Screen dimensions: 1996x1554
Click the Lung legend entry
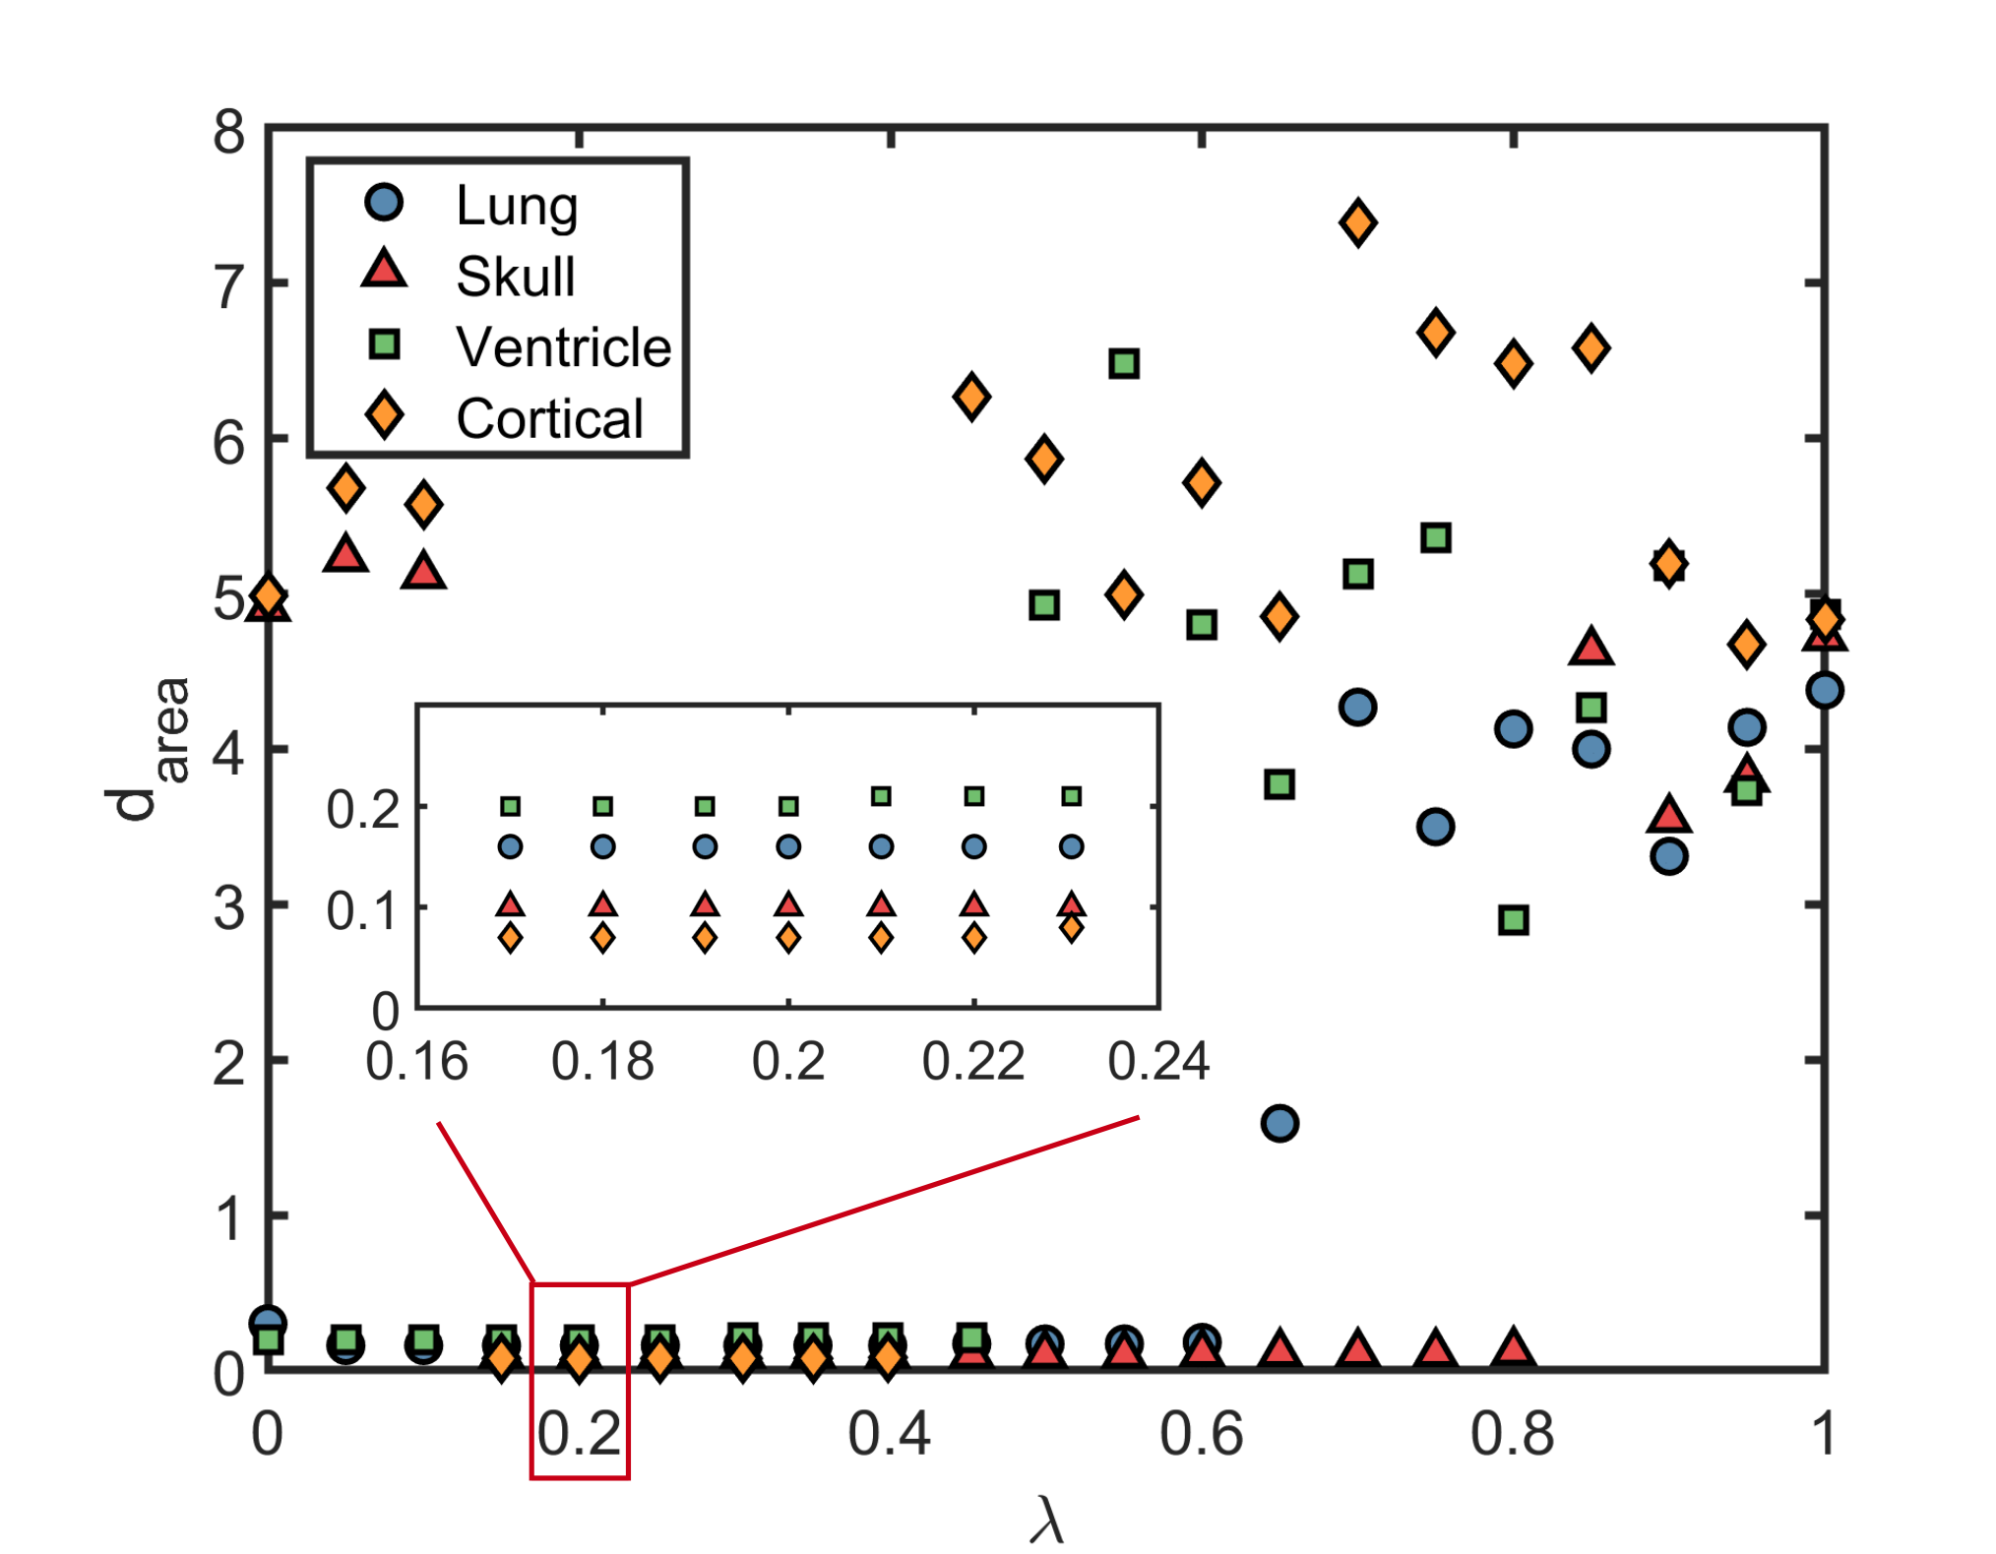click(x=470, y=205)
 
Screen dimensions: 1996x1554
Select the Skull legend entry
click(x=468, y=275)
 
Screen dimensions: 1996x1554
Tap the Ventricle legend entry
click(x=518, y=346)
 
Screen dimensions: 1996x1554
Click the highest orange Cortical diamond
click(x=1357, y=222)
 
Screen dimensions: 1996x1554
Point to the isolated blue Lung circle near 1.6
click(x=1279, y=1123)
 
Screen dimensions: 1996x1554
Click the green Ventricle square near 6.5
click(x=1124, y=363)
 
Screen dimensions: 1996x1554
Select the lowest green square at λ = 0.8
click(x=1513, y=920)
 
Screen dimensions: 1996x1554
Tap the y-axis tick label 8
click(x=228, y=131)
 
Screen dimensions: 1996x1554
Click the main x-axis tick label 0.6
click(x=1201, y=1433)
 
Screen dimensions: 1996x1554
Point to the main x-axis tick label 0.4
click(x=889, y=1433)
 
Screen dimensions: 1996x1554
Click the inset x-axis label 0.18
click(x=602, y=1062)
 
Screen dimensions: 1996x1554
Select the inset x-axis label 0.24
click(x=1158, y=1062)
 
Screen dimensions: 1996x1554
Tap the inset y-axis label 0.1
click(x=363, y=911)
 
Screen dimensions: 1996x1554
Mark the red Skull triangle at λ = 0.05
click(x=344, y=554)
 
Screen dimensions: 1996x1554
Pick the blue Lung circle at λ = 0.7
click(x=1357, y=707)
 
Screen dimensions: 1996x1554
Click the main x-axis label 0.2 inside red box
click(x=579, y=1433)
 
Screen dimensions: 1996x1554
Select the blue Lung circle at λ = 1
click(x=1824, y=690)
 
